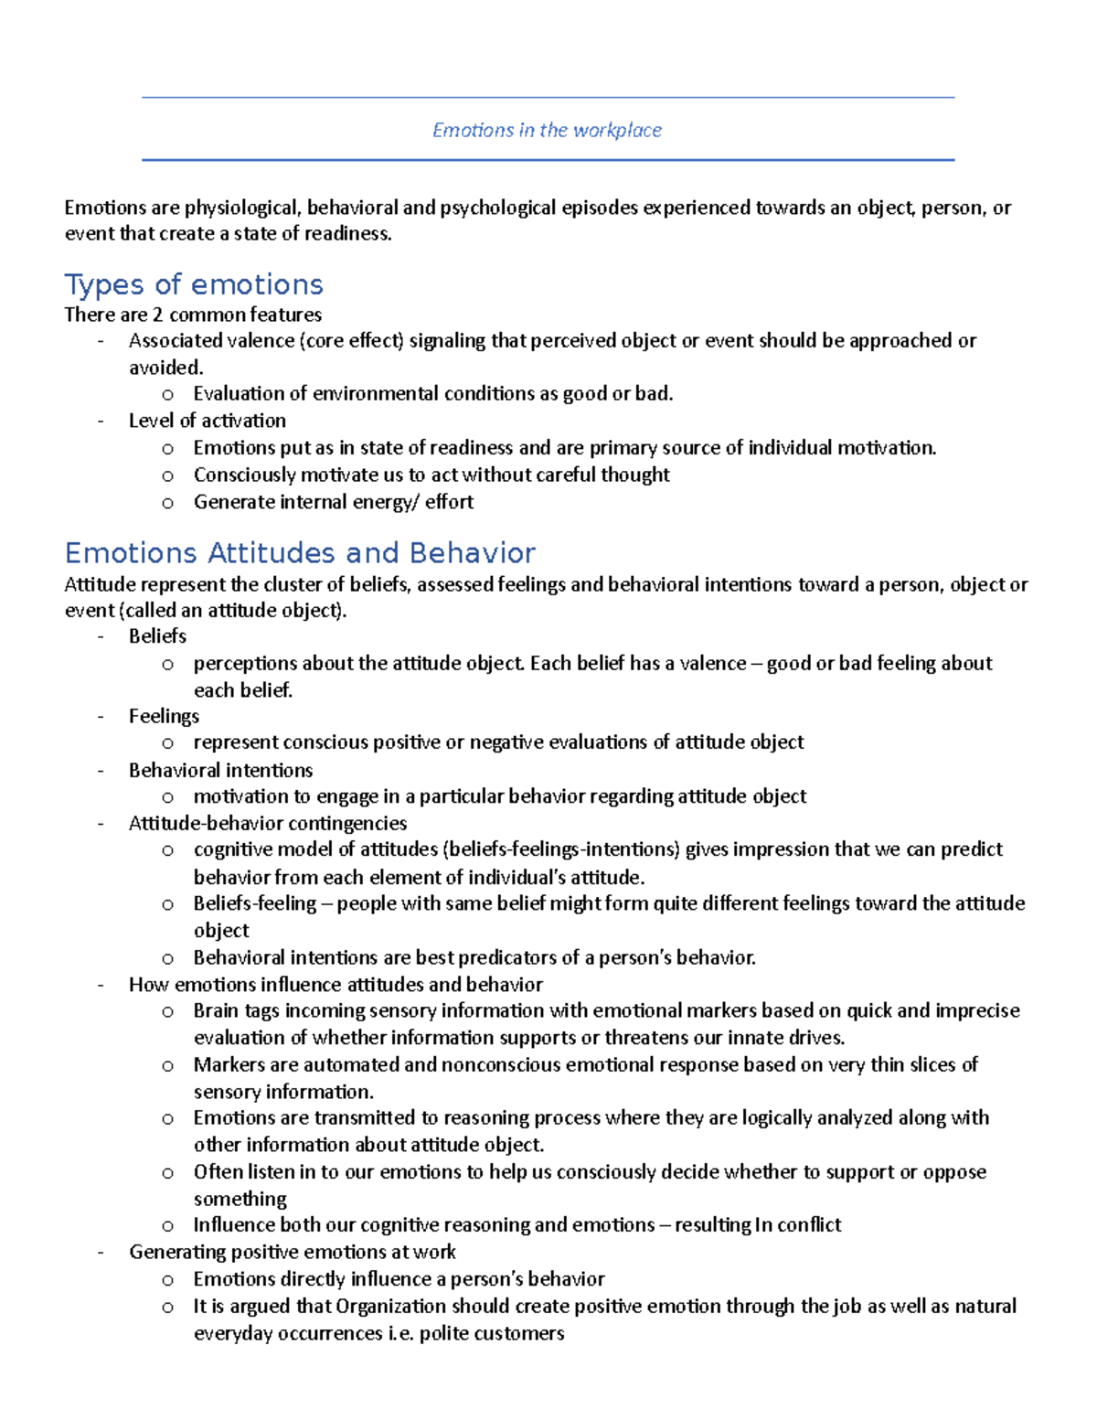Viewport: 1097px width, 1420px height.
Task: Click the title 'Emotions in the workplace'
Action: click(x=547, y=130)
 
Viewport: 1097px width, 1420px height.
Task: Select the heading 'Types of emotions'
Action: click(x=194, y=284)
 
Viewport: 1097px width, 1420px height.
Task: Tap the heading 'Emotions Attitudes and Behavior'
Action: click(x=300, y=552)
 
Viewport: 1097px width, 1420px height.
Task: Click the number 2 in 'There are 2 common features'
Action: click(x=157, y=315)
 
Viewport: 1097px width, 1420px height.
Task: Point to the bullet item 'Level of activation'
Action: click(x=207, y=421)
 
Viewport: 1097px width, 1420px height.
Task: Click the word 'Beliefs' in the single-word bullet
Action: click(x=157, y=635)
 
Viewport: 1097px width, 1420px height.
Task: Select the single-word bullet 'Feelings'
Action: click(x=164, y=716)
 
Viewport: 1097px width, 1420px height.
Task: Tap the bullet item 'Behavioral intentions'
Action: click(x=220, y=770)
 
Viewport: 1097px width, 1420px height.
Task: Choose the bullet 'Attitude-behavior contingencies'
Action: click(x=267, y=823)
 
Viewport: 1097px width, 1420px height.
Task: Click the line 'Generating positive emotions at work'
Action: click(x=292, y=1252)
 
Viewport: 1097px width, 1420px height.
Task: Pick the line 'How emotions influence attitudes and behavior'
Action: click(x=335, y=985)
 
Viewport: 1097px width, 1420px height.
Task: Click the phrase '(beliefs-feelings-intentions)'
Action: click(x=561, y=849)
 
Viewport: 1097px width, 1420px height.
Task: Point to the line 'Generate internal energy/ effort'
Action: click(x=333, y=502)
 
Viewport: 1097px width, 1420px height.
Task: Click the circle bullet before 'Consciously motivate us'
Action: click(x=167, y=475)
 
